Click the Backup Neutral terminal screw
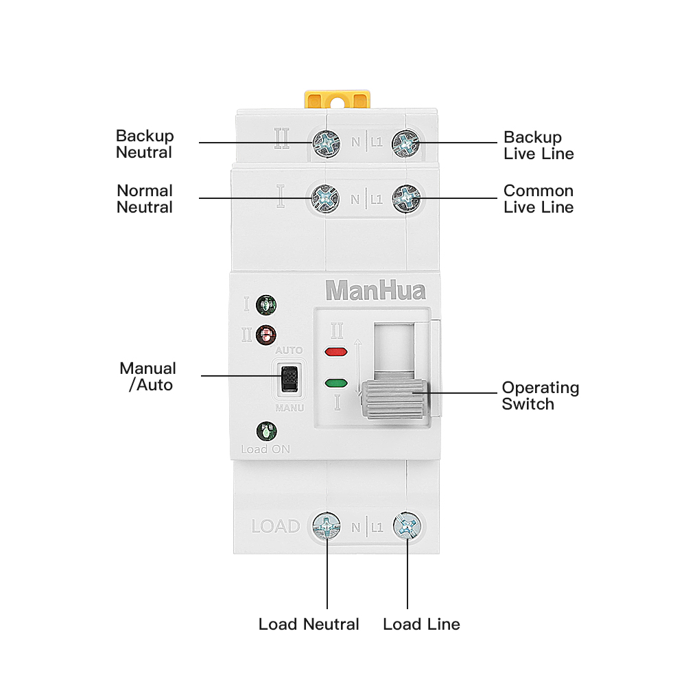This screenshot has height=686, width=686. tap(326, 143)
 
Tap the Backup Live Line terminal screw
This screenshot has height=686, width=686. tap(405, 143)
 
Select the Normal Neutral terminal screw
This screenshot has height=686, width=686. tap(326, 198)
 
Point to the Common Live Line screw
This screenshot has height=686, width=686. tap(405, 198)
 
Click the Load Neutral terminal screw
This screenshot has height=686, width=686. tap(327, 526)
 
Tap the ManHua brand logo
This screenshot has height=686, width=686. tap(375, 290)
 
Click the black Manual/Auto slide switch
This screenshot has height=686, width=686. tap(289, 378)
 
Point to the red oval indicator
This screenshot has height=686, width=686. tap(335, 353)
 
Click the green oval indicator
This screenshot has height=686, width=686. tap(335, 382)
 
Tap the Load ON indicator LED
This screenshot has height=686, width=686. tap(265, 432)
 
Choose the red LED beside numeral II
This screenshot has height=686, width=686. tap(265, 335)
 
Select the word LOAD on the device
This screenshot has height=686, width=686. tap(276, 527)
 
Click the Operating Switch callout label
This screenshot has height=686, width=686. tap(541, 396)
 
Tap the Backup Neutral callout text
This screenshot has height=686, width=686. tap(145, 144)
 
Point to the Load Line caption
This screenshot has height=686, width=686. tap(421, 624)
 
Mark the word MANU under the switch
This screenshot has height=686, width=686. tap(289, 407)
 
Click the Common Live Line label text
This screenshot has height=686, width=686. tap(539, 199)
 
